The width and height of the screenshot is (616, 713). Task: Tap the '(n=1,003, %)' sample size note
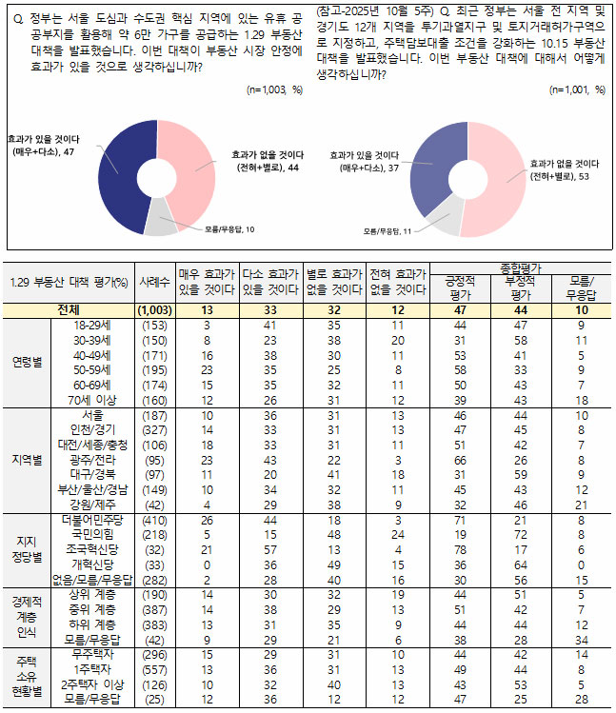pyautogui.click(x=274, y=90)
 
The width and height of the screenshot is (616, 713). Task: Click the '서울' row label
pyautogui.click(x=93, y=416)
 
